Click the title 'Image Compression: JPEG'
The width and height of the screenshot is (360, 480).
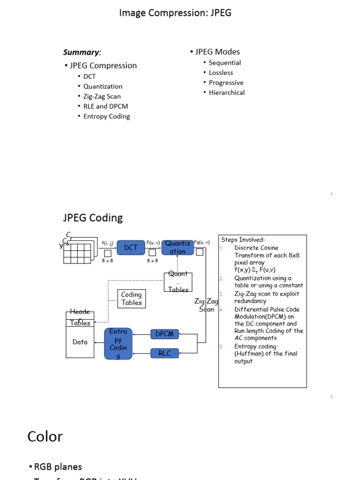click(175, 13)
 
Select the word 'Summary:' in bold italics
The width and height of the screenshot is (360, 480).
click(82, 52)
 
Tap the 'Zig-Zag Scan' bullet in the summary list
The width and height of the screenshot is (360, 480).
click(102, 97)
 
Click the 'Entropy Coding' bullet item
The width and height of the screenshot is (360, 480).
click(106, 116)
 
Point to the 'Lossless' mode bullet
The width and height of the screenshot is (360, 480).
click(221, 73)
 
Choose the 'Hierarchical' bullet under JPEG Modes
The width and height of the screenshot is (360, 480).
click(226, 92)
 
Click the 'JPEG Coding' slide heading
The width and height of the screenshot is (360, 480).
click(93, 217)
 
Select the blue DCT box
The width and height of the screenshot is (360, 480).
click(131, 247)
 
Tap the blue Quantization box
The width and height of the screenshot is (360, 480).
click(178, 247)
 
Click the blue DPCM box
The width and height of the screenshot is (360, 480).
click(165, 334)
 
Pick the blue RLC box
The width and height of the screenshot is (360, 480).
click(165, 353)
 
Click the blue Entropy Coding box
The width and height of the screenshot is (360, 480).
click(118, 344)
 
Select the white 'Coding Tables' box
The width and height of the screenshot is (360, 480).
click(131, 299)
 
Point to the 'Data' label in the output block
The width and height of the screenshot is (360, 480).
click(80, 342)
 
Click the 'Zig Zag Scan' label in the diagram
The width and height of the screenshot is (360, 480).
click(206, 305)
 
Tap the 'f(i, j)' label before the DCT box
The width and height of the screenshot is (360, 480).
click(107, 243)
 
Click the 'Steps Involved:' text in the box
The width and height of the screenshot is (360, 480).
click(243, 240)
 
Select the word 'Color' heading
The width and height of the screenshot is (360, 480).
click(45, 436)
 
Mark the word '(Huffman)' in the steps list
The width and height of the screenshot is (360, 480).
click(249, 354)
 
